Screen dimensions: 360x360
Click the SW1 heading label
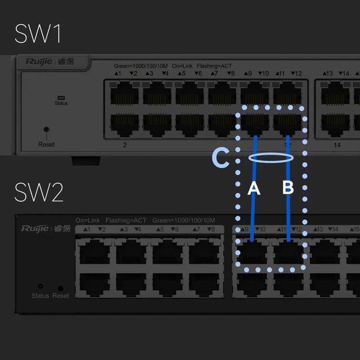tap(38, 34)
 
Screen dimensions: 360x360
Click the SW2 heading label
tap(39, 192)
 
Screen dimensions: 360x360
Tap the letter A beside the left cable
tap(254, 188)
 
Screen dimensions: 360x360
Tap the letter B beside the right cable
tap(288, 188)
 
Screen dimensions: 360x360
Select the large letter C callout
tap(221, 158)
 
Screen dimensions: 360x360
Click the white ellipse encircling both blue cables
tap(271, 158)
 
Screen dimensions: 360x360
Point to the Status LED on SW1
tap(61, 97)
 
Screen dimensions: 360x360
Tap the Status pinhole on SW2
tap(40, 286)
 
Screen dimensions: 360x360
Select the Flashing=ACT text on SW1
tap(214, 66)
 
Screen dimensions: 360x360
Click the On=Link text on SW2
tap(88, 220)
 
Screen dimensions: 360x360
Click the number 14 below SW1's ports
tap(337, 145)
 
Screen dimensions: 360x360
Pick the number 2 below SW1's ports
tap(124, 145)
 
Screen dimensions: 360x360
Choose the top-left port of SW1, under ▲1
tap(124, 93)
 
